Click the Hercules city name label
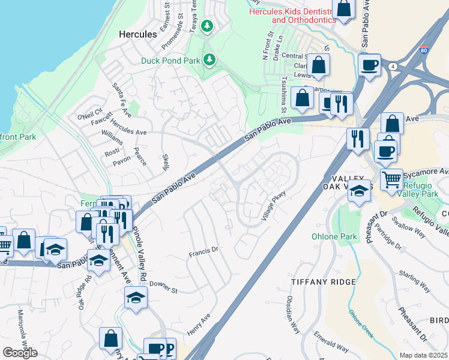coord(138,34)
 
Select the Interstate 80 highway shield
coord(424,51)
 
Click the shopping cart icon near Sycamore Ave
coord(391,178)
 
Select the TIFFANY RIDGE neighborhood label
coord(323,281)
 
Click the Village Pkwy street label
coord(273,206)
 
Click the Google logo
coord(20,352)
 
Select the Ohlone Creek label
coord(361,322)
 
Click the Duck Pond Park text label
coord(170,60)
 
